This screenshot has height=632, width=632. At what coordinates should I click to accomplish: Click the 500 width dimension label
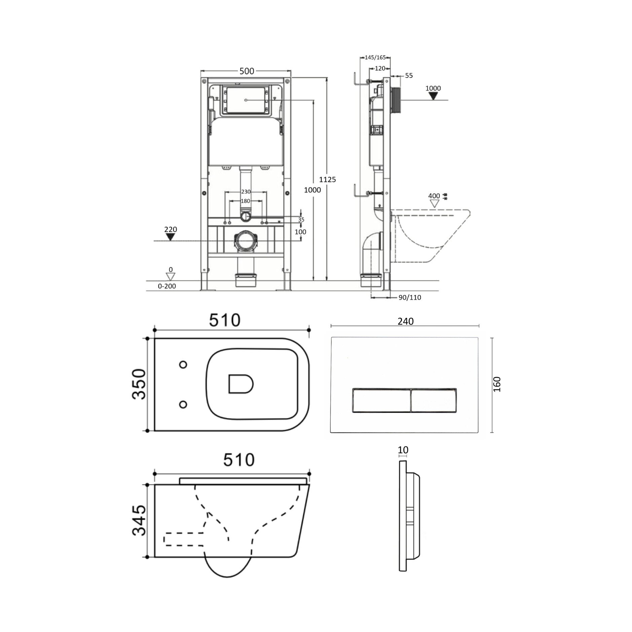tap(247, 71)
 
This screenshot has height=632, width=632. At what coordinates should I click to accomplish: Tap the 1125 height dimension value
tap(327, 180)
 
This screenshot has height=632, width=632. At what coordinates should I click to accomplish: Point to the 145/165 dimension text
tap(375, 58)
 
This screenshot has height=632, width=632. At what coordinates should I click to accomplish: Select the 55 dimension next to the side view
tap(409, 76)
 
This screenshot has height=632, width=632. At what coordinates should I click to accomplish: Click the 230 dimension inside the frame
tap(246, 192)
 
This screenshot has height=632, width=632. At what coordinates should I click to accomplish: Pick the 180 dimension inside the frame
tap(246, 201)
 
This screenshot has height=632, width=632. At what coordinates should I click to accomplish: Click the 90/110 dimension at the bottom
tap(410, 297)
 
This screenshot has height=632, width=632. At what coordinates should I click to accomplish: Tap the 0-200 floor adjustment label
tap(167, 286)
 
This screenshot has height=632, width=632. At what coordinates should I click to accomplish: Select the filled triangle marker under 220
tap(171, 237)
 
